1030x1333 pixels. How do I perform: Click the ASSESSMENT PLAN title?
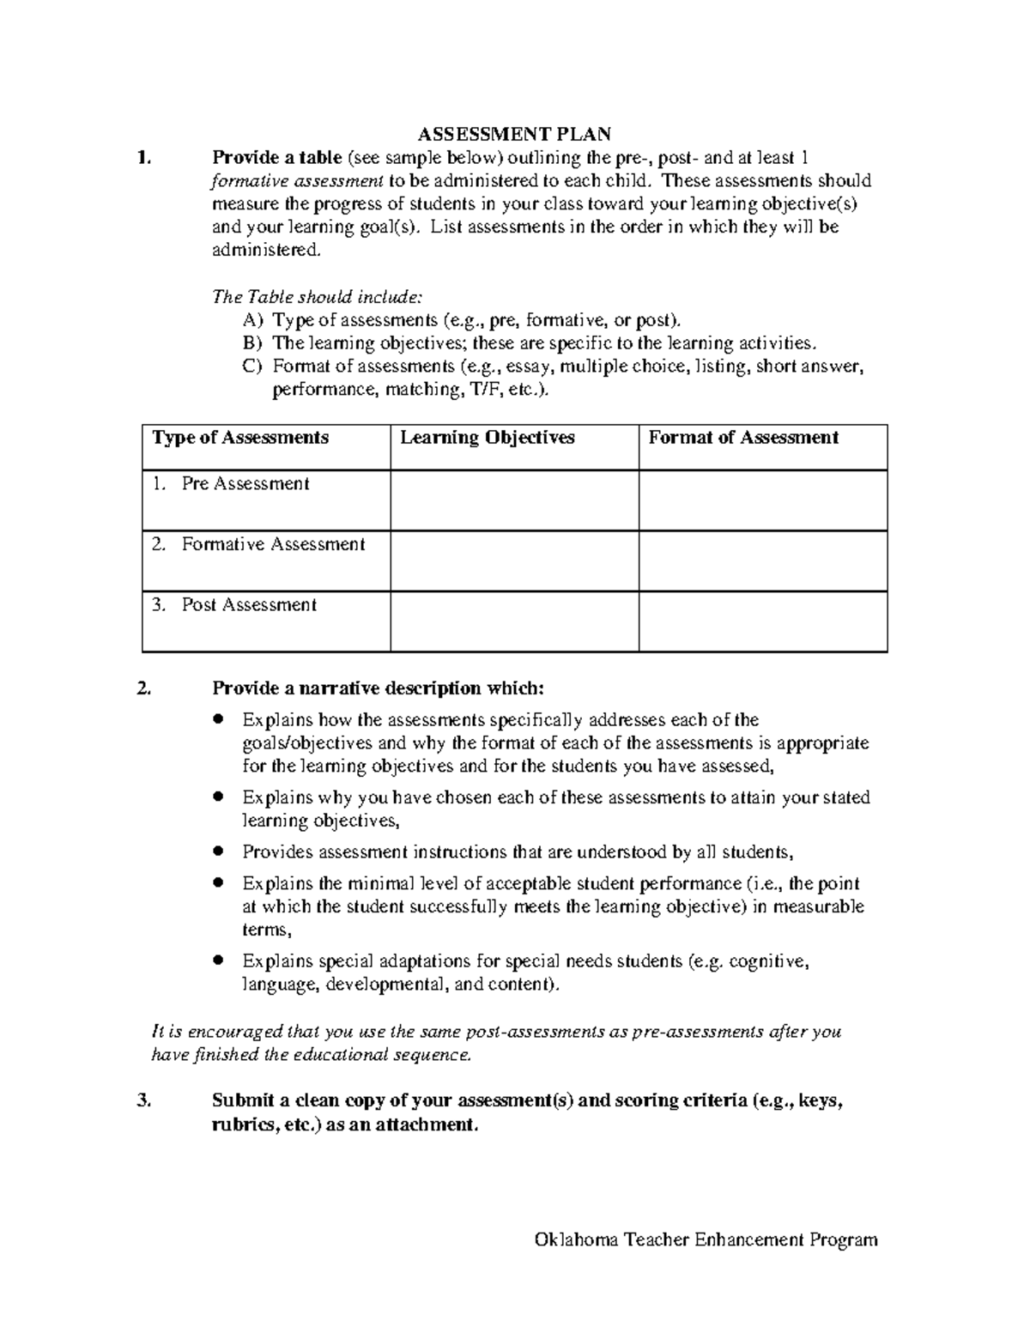tap(514, 134)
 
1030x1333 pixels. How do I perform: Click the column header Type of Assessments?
tap(240, 438)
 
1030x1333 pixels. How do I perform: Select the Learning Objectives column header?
tap(487, 438)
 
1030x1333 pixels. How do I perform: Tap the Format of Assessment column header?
tap(742, 438)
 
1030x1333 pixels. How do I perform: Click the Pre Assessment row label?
tap(245, 484)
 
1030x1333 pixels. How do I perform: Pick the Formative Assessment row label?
tap(272, 545)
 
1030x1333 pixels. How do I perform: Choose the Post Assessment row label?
tap(248, 605)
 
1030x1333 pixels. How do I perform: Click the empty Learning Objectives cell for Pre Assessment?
tap(514, 500)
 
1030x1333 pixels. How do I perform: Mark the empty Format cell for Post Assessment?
tap(762, 621)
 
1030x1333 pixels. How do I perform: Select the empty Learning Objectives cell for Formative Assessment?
tap(514, 560)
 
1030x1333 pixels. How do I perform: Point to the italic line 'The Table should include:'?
tap(317, 297)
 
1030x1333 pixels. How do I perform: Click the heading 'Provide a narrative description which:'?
tap(378, 688)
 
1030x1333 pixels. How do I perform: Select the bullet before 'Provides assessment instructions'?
tap(219, 851)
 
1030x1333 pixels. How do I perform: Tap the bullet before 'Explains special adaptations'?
tap(219, 960)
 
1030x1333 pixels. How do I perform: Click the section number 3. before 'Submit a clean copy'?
tap(143, 1101)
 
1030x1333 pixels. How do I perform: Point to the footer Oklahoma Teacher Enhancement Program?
tap(706, 1239)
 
